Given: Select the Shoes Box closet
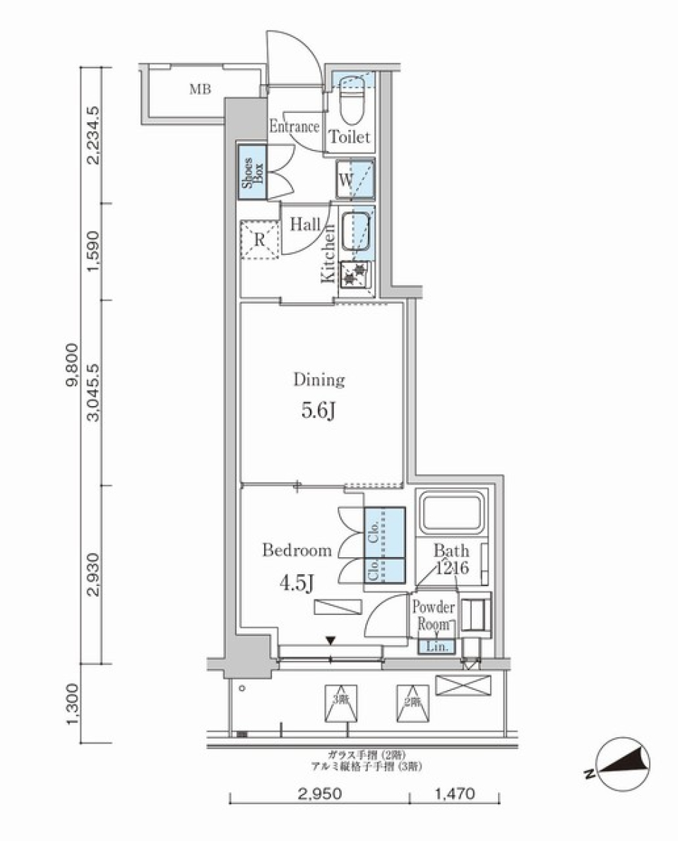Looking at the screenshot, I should (250, 172).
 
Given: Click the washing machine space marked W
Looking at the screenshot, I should (355, 179).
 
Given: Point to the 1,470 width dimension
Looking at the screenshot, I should (453, 794).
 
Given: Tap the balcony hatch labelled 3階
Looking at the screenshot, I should (341, 704).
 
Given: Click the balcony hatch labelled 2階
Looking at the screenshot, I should (412, 704).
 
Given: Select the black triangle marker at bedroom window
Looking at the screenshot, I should (330, 640).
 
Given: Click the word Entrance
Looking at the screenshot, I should (295, 127).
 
